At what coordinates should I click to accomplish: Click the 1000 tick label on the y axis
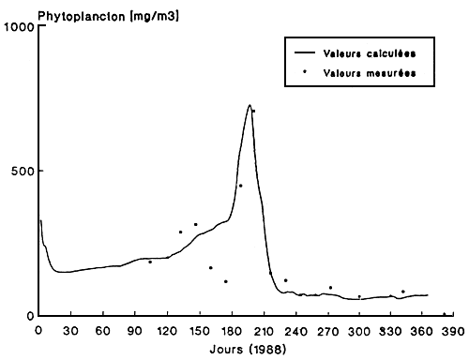coord(18,26)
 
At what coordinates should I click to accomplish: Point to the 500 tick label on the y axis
coord(22,172)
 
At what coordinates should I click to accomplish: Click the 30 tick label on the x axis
coord(68,331)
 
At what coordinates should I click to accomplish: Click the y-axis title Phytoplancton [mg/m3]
coord(90,9)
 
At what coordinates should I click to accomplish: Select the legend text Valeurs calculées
coord(362,52)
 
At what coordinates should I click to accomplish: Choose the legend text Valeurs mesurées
coord(363,71)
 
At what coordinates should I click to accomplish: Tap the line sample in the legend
coord(305,52)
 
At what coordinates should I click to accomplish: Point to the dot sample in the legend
coord(305,71)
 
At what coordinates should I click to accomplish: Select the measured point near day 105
coord(149,262)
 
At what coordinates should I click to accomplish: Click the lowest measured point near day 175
coord(225,281)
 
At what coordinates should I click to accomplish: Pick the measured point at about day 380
coord(443,314)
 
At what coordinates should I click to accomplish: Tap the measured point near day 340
coord(402,292)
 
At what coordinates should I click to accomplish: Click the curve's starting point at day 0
coord(40,220)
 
